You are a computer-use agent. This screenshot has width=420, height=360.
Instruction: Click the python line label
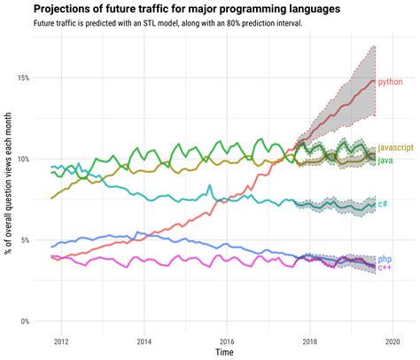point(390,82)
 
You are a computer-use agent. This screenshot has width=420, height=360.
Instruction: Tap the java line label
point(385,160)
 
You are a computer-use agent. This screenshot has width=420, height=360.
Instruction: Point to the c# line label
point(383,204)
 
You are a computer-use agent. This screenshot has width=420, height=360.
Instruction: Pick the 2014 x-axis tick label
point(144,340)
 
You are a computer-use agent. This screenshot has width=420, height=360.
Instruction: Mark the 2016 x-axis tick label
point(228,340)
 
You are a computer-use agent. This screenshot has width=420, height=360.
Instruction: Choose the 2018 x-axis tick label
point(311,340)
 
